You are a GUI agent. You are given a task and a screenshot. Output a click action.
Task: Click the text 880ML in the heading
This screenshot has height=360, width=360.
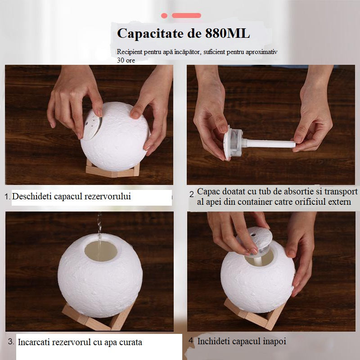[227, 33]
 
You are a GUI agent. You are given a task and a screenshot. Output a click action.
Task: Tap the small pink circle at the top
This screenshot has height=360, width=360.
[164, 15]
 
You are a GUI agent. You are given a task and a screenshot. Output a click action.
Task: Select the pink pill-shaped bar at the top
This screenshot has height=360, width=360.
[186, 15]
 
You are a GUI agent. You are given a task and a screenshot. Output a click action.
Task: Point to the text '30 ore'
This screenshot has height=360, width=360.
[126, 60]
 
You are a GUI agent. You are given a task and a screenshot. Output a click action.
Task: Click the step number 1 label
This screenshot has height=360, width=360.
[7, 197]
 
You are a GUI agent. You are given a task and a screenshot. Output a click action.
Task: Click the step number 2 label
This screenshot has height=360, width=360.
[191, 194]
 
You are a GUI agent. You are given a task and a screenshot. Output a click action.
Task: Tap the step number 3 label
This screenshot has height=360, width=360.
[11, 342]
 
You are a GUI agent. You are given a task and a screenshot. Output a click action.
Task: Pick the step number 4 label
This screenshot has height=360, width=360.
[191, 340]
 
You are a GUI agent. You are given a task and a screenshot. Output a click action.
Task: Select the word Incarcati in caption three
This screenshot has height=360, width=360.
[34, 342]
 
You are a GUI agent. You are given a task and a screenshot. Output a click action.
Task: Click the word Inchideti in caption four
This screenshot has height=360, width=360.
[215, 341]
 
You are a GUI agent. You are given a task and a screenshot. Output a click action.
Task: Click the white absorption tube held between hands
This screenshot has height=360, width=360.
[270, 144]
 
